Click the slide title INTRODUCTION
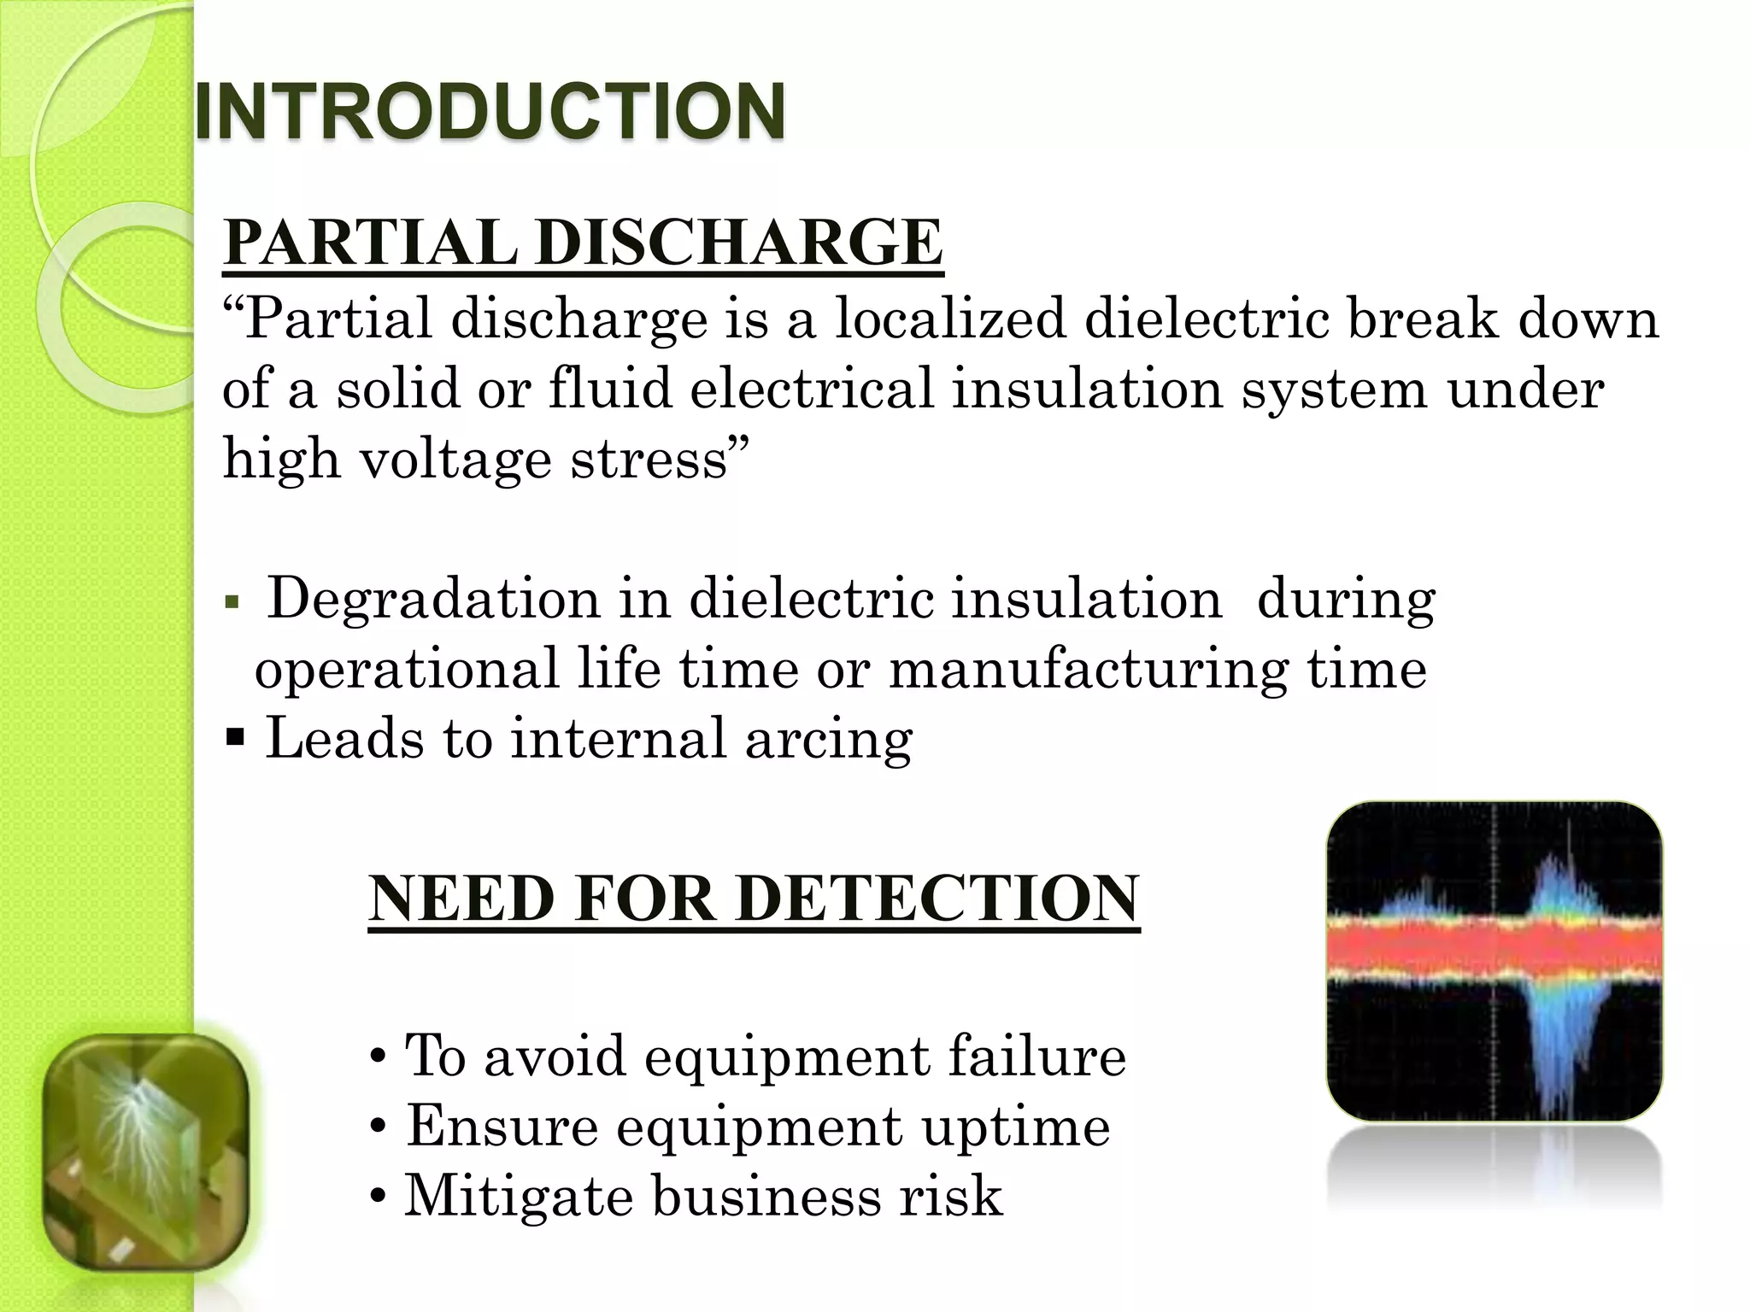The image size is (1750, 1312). click(x=490, y=111)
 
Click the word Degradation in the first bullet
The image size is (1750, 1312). click(x=434, y=598)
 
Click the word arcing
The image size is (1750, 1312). click(x=828, y=739)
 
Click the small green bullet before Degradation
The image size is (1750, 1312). click(x=230, y=602)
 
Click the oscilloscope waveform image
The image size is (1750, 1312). click(x=1494, y=961)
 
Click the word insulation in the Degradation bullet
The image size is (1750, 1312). click(x=1086, y=598)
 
